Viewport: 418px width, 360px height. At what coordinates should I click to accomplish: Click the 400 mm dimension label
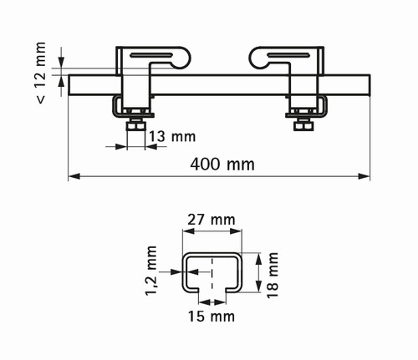pos(222,165)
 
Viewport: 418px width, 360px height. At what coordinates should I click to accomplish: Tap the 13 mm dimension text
pos(172,137)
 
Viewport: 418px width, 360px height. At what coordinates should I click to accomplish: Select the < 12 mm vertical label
pos(41,73)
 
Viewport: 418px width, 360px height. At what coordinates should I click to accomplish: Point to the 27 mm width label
pos(212,220)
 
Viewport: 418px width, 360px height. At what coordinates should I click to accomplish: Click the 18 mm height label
pos(273,275)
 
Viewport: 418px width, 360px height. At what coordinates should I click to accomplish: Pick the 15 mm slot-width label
pos(212,317)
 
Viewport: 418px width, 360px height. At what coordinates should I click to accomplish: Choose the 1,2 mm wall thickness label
pos(151,271)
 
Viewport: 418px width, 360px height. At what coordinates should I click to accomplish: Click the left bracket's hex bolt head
pos(136,126)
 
